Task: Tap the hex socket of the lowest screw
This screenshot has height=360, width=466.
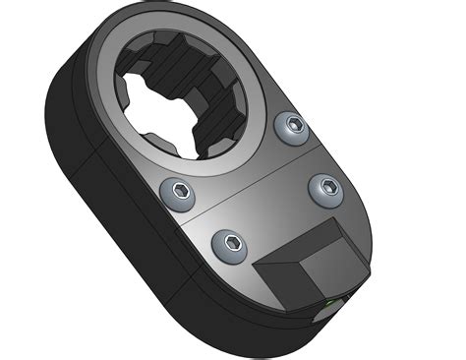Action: click(x=230, y=245)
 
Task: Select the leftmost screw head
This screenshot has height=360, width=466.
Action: click(x=178, y=191)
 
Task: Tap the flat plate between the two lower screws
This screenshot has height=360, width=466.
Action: click(x=275, y=221)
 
